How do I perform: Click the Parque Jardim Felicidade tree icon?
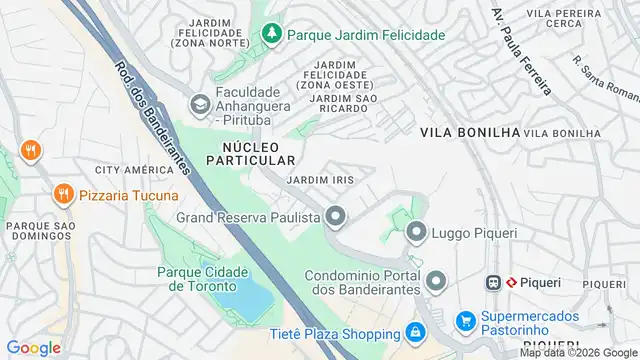(x=271, y=34)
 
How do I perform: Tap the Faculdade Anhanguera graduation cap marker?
(x=200, y=103)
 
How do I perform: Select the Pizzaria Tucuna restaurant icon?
(x=64, y=194)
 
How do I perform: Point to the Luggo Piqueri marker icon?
(x=417, y=232)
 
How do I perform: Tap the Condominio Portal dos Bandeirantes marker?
(x=435, y=279)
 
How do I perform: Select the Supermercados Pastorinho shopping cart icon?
(x=465, y=321)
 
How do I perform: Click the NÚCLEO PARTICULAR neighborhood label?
(x=252, y=153)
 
